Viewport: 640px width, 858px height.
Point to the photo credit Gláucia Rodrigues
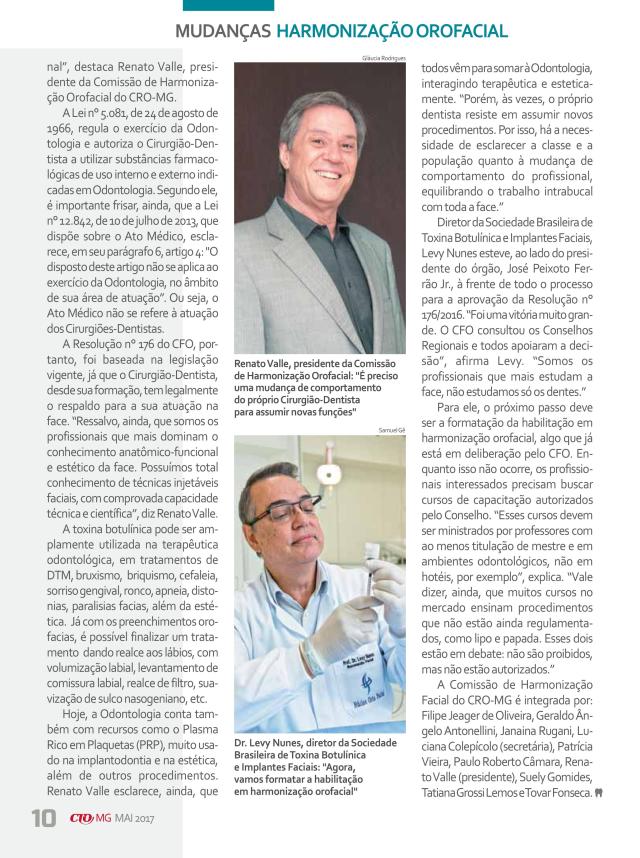coord(382,60)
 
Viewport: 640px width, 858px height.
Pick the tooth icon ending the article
coord(597,793)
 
